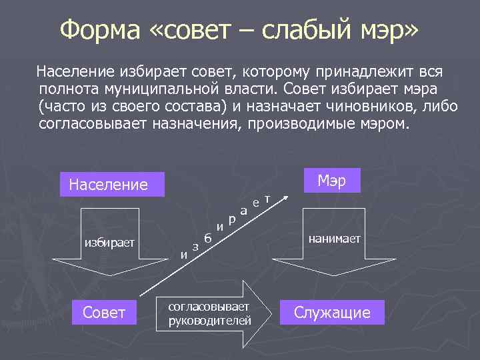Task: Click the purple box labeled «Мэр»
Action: (331, 181)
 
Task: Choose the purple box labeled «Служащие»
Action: (332, 313)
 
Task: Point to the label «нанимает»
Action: (334, 238)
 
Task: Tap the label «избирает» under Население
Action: (109, 242)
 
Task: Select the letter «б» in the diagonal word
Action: (208, 238)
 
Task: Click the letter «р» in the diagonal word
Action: (231, 219)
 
